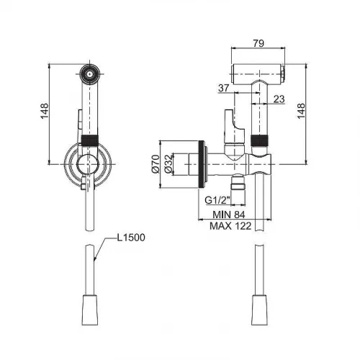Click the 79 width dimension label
pos(258,43)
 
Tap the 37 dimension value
pos(224,88)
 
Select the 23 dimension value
pos(279,99)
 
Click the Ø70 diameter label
pos(156,164)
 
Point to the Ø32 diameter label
pos(168,163)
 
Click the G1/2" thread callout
pos(217,200)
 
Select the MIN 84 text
pos(229,215)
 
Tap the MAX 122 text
pos(230,226)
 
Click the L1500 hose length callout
pos(131,238)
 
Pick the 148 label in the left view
pos(45,111)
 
